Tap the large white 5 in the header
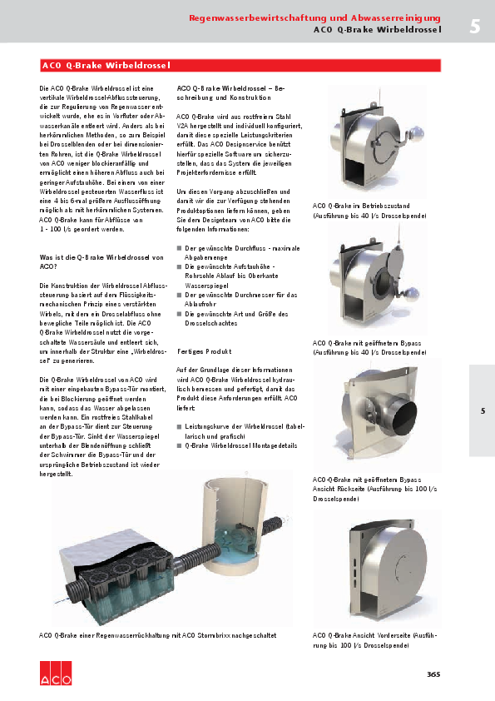(x=474, y=26)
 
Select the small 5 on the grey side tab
(x=482, y=410)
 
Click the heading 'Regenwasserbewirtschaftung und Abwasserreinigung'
(x=314, y=17)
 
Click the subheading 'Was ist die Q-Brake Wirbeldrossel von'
(x=102, y=258)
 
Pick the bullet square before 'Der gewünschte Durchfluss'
(x=179, y=248)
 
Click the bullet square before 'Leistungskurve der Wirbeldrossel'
(x=179, y=425)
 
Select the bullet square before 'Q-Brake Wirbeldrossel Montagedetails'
(x=179, y=445)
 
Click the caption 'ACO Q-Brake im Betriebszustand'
(x=366, y=205)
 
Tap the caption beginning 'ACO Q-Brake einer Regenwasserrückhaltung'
(x=158, y=636)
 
